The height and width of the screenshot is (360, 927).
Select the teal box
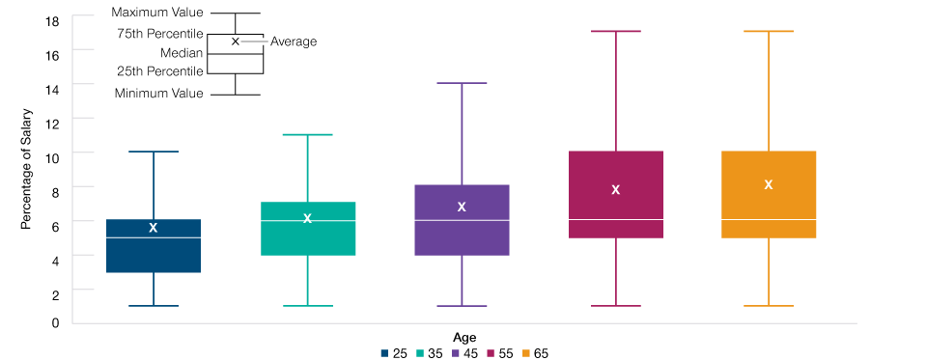308,238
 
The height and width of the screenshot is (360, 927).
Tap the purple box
462,237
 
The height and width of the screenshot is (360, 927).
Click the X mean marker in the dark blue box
153,228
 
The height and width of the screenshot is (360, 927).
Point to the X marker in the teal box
307,219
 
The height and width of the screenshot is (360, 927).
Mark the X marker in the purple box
462,208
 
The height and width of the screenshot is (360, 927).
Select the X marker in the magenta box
615,190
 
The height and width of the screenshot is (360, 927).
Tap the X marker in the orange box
769,185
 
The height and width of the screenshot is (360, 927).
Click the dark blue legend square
384,353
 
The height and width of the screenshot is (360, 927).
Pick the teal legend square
420,353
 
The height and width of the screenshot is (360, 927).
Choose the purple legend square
456,353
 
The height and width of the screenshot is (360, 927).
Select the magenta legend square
491,353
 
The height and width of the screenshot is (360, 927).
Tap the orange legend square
526,353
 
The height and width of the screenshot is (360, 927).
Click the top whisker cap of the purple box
462,83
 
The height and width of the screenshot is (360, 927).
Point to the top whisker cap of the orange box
769,31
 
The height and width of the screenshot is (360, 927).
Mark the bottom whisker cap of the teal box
308,306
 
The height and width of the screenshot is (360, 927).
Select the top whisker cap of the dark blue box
154,152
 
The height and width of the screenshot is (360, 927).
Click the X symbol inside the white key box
235,42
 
